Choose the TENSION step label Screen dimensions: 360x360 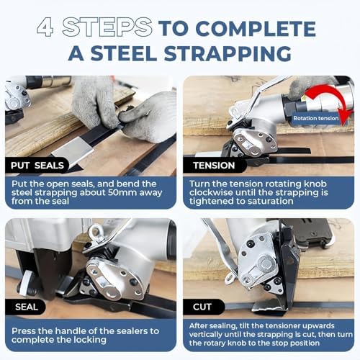[x=214, y=166]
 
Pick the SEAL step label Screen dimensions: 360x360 [x=27, y=307]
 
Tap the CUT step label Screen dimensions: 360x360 [x=202, y=307]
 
